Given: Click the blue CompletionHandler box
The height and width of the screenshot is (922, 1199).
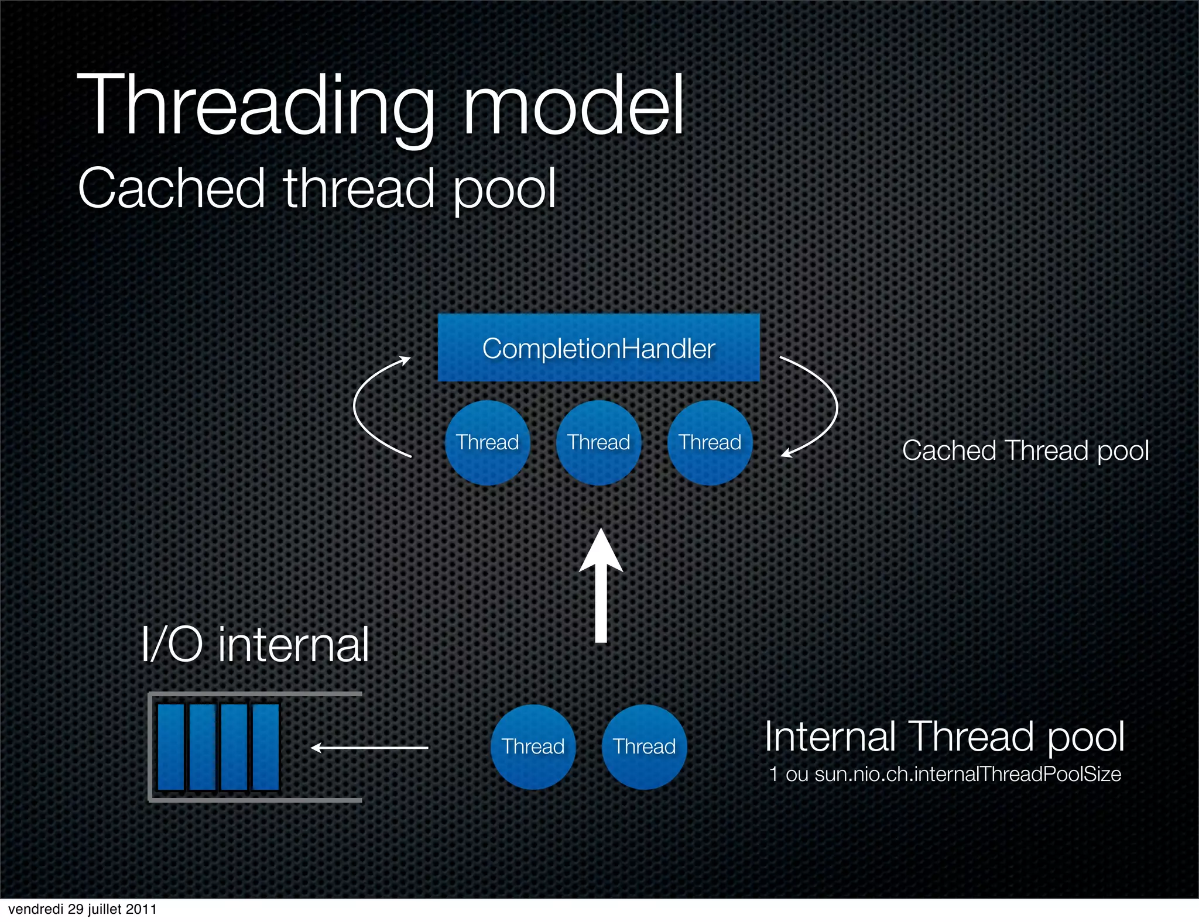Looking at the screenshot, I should pyautogui.click(x=598, y=348).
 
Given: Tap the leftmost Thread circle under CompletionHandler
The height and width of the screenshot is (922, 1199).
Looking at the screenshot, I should pyautogui.click(x=487, y=443).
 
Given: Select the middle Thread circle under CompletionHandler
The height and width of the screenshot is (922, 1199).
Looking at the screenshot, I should pyautogui.click(x=598, y=443).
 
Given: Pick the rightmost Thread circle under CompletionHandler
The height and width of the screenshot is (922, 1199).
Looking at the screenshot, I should pyautogui.click(x=710, y=443).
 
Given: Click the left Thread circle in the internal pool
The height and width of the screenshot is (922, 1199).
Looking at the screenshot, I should pyautogui.click(x=533, y=747).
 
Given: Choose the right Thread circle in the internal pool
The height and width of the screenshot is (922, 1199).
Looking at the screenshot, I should pyautogui.click(x=644, y=747).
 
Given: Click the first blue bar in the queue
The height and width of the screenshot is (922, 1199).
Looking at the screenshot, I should pyautogui.click(x=171, y=747).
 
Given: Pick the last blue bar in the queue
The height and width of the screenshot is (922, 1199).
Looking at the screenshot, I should pyautogui.click(x=266, y=747).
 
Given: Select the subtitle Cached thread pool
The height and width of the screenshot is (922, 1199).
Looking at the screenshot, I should pyautogui.click(x=317, y=188).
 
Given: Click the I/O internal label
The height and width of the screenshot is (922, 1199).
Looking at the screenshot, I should pyautogui.click(x=255, y=645).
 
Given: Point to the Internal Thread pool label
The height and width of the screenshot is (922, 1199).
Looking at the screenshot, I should pyautogui.click(x=944, y=737).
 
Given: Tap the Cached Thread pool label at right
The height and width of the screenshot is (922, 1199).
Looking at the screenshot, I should pyautogui.click(x=1025, y=451).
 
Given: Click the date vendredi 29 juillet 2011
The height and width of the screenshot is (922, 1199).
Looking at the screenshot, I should pyautogui.click(x=83, y=909).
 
